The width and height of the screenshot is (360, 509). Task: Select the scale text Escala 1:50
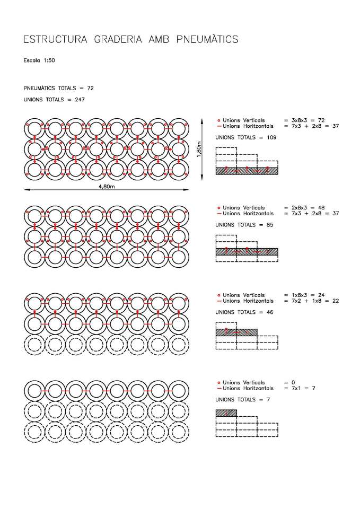coord(39,60)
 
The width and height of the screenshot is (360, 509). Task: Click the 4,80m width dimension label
coord(107,188)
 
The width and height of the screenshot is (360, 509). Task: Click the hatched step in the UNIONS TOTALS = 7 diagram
coord(226,413)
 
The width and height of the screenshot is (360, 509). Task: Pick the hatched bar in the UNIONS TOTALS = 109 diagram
coord(247,171)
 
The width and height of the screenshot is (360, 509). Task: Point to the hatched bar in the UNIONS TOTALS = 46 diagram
coord(236,332)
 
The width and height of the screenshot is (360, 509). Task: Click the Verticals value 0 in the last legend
coord(286,382)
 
